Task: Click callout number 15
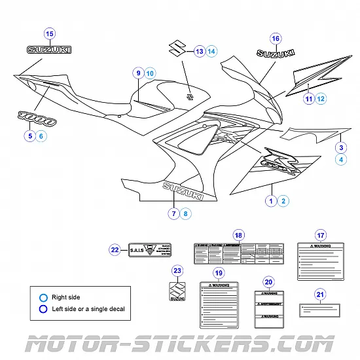point(50,33)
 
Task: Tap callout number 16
point(276,39)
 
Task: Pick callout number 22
point(115,249)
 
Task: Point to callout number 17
point(321,236)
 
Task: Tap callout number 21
point(319,294)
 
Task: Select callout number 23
point(177,270)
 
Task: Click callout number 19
point(219,273)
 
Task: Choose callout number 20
point(268,282)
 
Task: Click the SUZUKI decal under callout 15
point(50,50)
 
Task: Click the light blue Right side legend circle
point(43,297)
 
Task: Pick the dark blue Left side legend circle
point(43,309)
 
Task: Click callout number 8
point(186,213)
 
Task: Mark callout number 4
point(341,159)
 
